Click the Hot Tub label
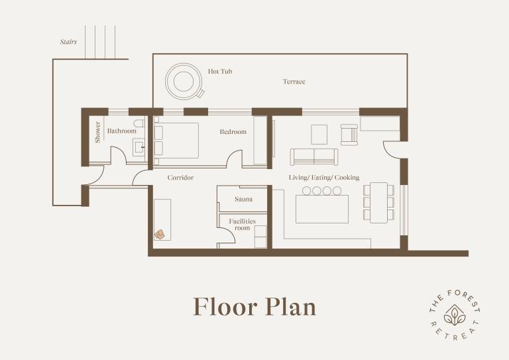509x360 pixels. pos(220,71)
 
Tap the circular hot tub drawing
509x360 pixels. pos(184,81)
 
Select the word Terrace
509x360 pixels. pos(294,82)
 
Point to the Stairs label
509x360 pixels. pos(68,42)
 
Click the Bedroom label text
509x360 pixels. pos(233,131)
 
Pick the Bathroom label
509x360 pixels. pos(122,131)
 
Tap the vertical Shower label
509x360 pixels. pos(97,132)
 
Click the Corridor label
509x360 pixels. pos(180,178)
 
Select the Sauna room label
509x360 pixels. pos(243,199)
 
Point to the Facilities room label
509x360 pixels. pos(242,224)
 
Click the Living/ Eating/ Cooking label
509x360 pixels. pos(324,177)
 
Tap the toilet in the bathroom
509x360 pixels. pos(139,123)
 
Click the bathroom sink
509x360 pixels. pos(139,147)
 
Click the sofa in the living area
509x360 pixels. pos(314,157)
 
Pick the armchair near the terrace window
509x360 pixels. pos(349,135)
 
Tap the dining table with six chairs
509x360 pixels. pos(378,203)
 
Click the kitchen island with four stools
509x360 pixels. pos(322,205)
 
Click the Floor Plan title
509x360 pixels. pos(254,307)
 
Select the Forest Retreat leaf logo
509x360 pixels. pos(455,315)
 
